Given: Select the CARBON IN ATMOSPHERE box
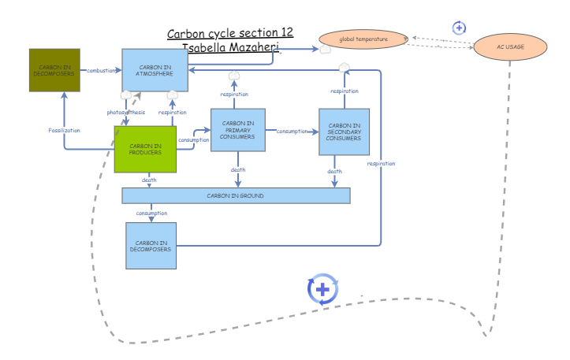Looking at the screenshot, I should pos(155,70).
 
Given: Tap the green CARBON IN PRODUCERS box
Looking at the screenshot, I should pos(145,149).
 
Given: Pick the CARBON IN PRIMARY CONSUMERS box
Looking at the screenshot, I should pos(237,130).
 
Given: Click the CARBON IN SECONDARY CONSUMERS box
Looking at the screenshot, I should pos(344,132).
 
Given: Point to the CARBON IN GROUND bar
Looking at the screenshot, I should pos(235,195).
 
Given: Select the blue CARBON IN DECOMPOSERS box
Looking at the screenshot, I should pos(151,246).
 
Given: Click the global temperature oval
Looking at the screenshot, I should pos(363,38).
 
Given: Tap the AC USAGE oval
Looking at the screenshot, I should pos(510,47).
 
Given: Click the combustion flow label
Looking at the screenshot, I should pos(102,70).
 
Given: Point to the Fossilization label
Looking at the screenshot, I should pos(64,129).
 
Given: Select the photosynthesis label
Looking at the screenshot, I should pos(126,112).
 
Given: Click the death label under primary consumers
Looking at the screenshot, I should pos(238,169).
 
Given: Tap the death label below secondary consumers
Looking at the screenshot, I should pos(334,171).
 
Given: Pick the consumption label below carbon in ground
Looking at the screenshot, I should pos(151,213).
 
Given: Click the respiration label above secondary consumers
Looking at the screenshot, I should pos(345,91).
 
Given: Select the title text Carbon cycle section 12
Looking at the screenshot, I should pos(230,33).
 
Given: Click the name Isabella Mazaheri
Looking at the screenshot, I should pos(232,47).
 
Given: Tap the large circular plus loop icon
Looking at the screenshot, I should pos(322,289).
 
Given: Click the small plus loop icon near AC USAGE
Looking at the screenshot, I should pos(459,28).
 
